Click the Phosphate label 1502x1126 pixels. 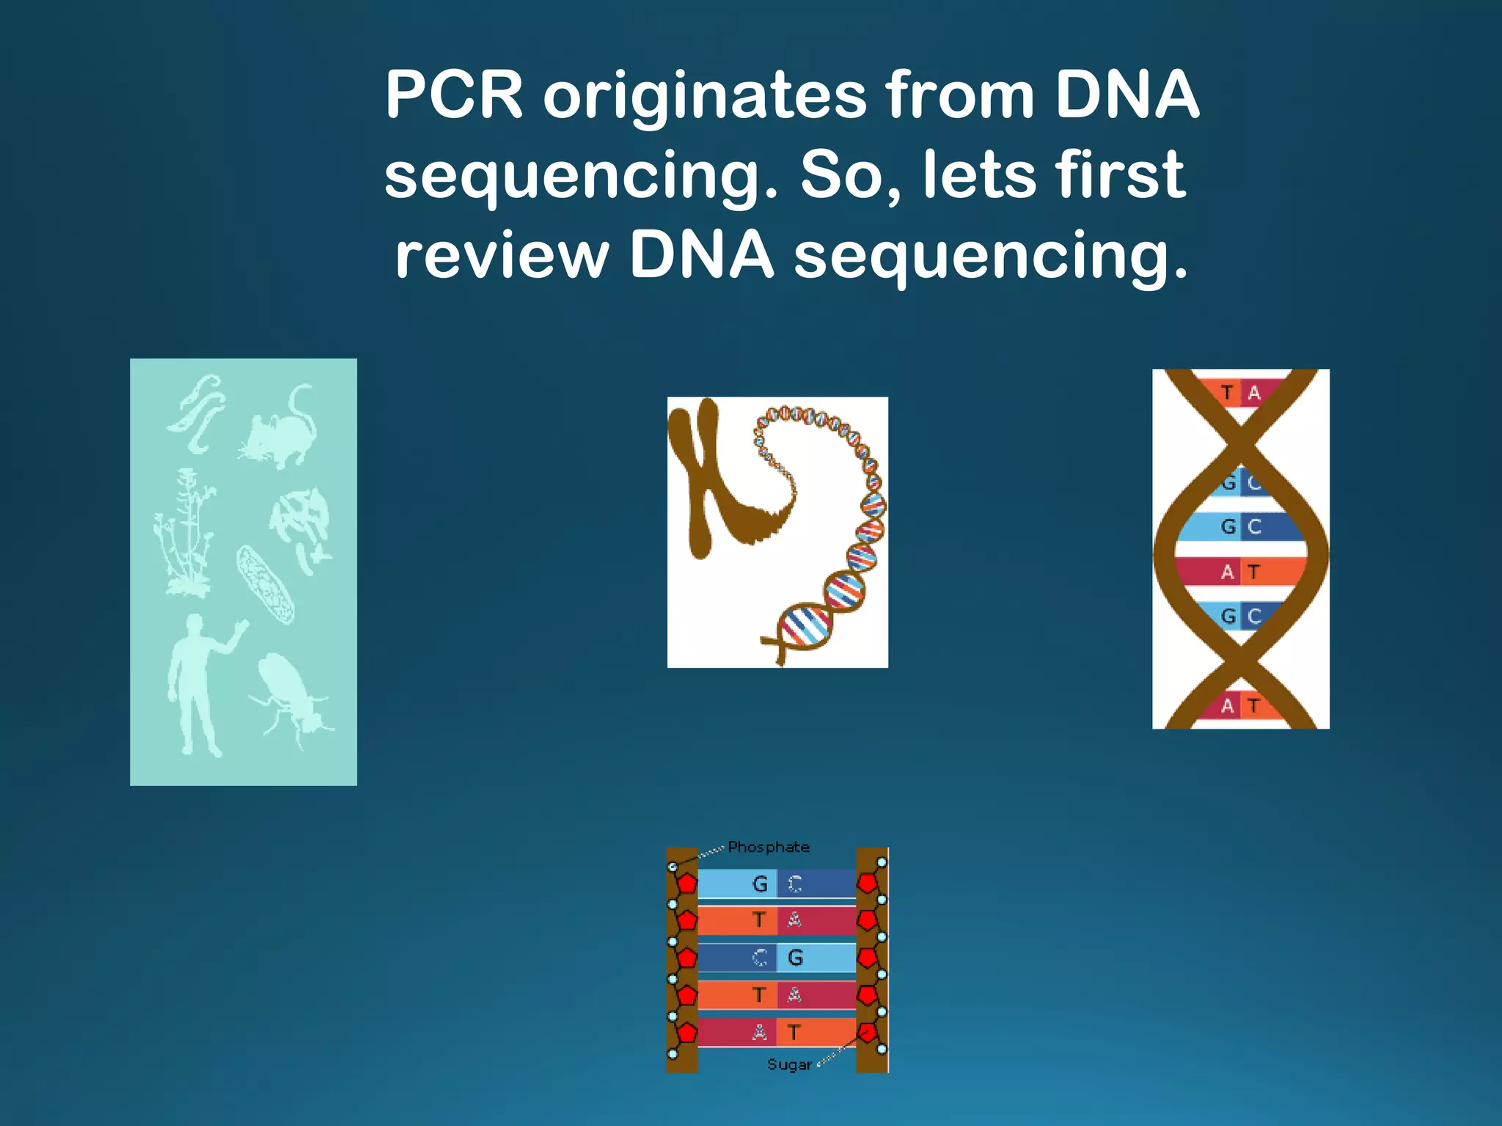(x=768, y=847)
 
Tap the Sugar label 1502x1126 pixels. (x=789, y=1064)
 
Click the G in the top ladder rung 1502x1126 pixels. (x=760, y=884)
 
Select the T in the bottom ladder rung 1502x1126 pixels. (x=794, y=1032)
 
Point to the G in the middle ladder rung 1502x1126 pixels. (x=795, y=957)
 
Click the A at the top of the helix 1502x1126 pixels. (x=1254, y=393)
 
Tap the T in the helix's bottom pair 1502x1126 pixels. (x=1254, y=706)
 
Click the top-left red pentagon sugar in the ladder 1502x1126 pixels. (x=686, y=883)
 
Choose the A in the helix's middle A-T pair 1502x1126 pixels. (x=1227, y=572)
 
